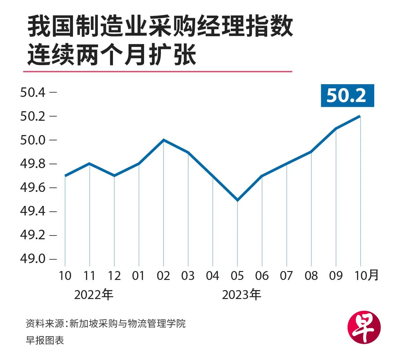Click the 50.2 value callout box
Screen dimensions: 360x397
point(347,95)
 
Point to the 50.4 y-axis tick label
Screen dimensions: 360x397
point(33,92)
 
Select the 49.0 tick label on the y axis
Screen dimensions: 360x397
point(33,259)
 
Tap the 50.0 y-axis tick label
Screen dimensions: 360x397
point(33,140)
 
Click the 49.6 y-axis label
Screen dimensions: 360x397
point(33,187)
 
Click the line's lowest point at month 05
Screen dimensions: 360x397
point(237,200)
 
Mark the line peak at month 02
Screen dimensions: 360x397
point(163,140)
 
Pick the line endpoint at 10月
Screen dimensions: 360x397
point(360,116)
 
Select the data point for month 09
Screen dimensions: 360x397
point(336,128)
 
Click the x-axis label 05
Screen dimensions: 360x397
point(237,276)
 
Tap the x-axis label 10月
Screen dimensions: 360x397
point(366,275)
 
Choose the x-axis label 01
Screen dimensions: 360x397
point(139,276)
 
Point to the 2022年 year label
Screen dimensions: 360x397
point(94,295)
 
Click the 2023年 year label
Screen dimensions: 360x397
point(242,295)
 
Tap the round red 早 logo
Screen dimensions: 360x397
point(364,327)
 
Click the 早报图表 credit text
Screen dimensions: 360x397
point(45,340)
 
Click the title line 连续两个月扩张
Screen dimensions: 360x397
point(112,54)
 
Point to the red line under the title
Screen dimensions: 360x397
point(157,71)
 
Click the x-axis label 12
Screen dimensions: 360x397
point(114,276)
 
